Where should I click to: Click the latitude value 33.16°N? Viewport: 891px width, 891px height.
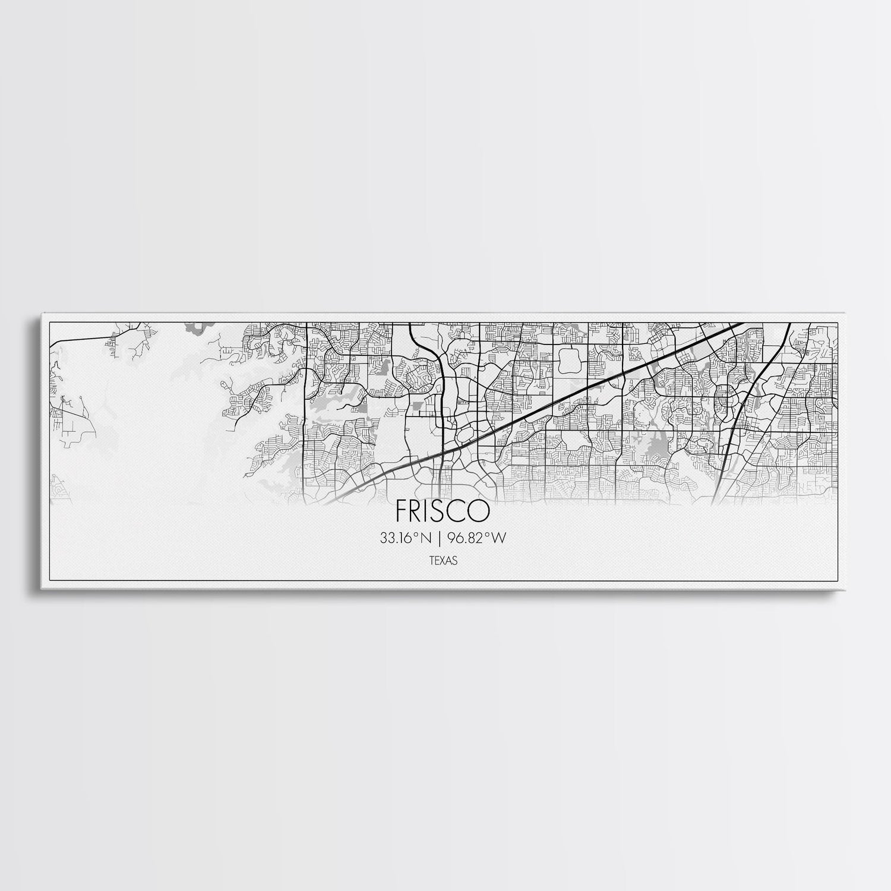pos(406,538)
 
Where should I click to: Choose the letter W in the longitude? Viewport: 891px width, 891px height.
pos(499,538)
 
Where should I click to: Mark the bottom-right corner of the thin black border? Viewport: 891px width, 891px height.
pos(838,582)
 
